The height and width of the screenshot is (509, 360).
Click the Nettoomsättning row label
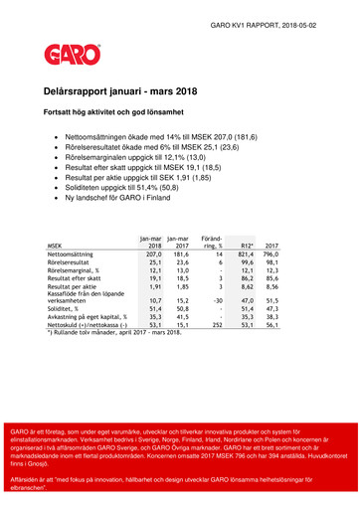pyautogui.click(x=73, y=254)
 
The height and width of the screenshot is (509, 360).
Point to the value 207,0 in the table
pyautogui.click(x=152, y=254)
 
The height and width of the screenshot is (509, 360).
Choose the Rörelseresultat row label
pyautogui.click(x=69, y=263)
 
